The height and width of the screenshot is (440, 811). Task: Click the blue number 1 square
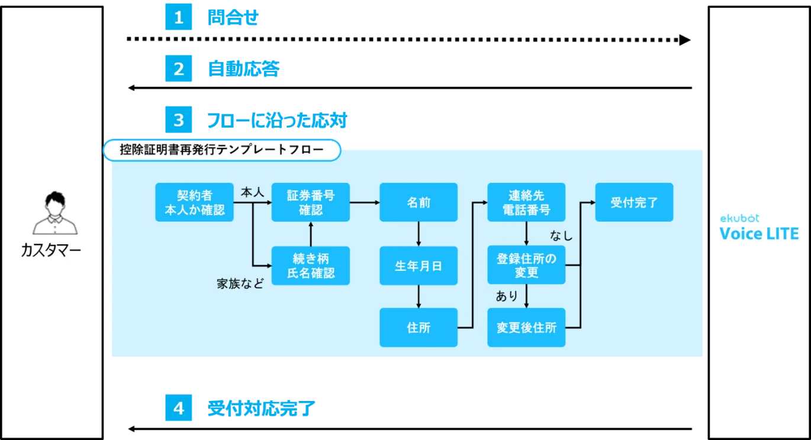pyautogui.click(x=179, y=18)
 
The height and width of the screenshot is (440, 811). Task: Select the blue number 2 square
pyautogui.click(x=179, y=69)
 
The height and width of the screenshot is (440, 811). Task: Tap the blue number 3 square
pyautogui.click(x=179, y=121)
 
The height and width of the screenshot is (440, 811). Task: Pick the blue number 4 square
pyautogui.click(x=179, y=409)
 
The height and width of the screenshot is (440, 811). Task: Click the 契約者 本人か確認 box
pyautogui.click(x=194, y=202)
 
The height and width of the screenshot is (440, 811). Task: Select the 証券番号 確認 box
pyautogui.click(x=311, y=202)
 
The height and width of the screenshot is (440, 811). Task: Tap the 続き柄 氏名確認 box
pyautogui.click(x=311, y=266)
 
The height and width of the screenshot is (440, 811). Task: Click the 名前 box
pyautogui.click(x=419, y=202)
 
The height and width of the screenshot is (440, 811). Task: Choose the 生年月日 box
pyautogui.click(x=419, y=266)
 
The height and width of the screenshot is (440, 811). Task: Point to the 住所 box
pyautogui.click(x=419, y=327)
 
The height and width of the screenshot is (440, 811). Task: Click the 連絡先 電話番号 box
pyautogui.click(x=526, y=202)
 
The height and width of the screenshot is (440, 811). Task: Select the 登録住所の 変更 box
pyautogui.click(x=526, y=266)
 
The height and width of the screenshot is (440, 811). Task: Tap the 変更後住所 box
pyautogui.click(x=526, y=327)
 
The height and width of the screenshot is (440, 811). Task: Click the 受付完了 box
pyautogui.click(x=634, y=202)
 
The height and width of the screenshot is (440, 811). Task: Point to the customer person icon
pyautogui.click(x=54, y=213)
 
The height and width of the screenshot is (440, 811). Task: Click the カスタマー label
pyautogui.click(x=51, y=251)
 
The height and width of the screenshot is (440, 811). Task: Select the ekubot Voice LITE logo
pyautogui.click(x=759, y=228)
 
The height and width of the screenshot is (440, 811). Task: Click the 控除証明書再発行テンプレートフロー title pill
pyautogui.click(x=222, y=150)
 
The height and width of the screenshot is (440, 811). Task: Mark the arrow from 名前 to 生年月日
pyautogui.click(x=419, y=234)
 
